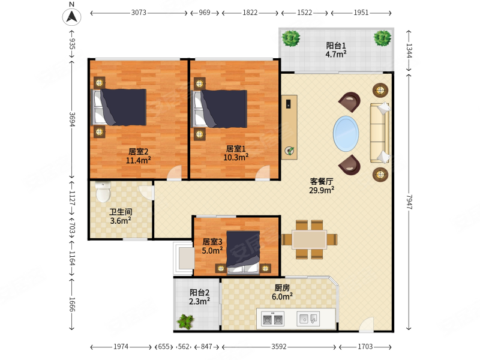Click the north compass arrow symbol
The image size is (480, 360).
pos(71,16)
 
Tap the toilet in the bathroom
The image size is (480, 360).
pos(103,191)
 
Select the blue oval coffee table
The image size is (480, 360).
pos(346,133)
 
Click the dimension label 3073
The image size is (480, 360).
pos(139,13)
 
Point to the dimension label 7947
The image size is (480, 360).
pos(409,202)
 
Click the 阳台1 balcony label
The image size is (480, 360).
pos(336,46)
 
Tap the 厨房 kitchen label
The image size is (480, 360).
pos(282,288)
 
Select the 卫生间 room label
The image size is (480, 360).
pos(121,212)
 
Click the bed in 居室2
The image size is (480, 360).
pos(119,107)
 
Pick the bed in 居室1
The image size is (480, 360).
pos(219,109)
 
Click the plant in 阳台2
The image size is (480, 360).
pos(185,322)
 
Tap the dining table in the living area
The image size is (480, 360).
pos(309,239)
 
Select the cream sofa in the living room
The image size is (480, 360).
pos(380,133)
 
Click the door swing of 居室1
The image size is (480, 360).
pos(263,172)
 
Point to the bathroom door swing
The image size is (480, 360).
pos(146,193)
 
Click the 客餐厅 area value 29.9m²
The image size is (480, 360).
pos(322,190)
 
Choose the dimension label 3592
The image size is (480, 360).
pos(279,347)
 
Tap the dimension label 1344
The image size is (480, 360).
pos(409,50)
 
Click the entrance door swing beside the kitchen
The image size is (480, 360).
pos(367,325)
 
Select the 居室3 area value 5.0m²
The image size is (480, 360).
pos(212,250)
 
